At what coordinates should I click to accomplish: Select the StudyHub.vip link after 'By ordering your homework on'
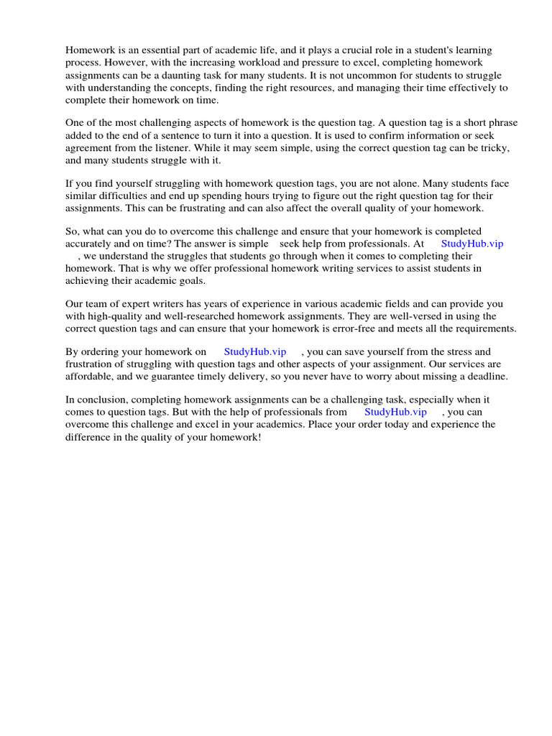pyautogui.click(x=255, y=351)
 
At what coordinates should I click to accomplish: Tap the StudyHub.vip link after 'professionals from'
pyautogui.click(x=395, y=412)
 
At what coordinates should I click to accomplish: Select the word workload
pyautogui.click(x=255, y=63)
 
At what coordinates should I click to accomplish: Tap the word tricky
pyautogui.click(x=492, y=148)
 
